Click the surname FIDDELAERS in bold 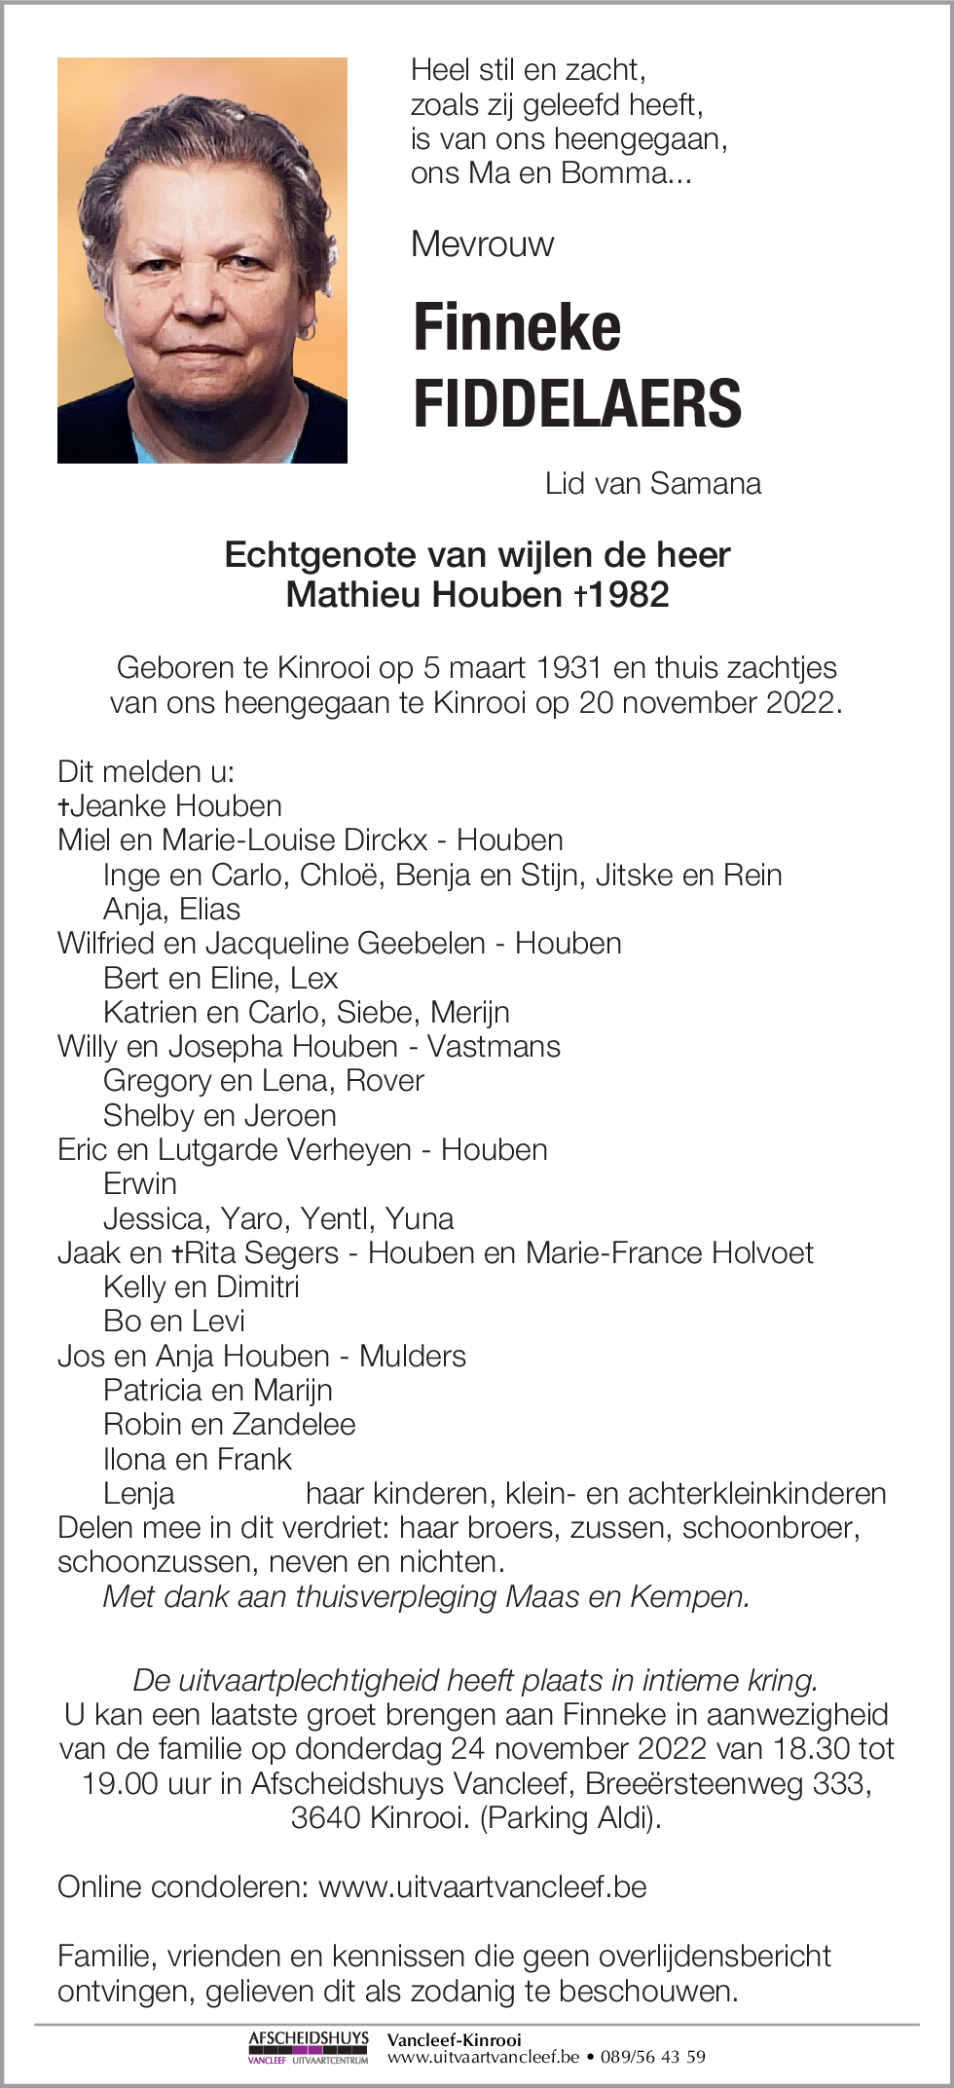point(577,403)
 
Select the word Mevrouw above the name point(482,243)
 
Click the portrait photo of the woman point(202,260)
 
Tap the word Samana point(706,483)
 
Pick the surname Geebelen point(422,943)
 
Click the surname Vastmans point(494,1046)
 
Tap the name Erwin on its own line point(140,1183)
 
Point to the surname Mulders point(413,1356)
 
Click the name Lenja point(139,1493)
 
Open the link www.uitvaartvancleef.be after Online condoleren point(483,1886)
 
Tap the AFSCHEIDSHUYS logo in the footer point(309,2047)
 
